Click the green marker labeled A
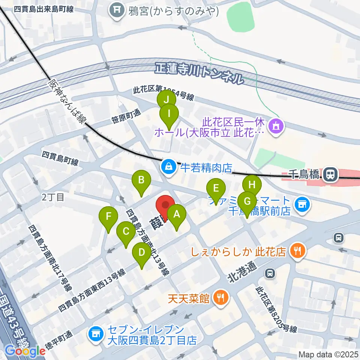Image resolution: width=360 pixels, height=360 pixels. tap(176, 215)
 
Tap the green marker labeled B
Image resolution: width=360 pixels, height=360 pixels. tap(141, 180)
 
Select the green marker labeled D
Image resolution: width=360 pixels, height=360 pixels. tap(141, 252)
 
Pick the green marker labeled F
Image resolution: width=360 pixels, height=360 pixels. tap(108, 217)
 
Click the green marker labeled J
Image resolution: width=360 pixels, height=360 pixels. tap(166, 100)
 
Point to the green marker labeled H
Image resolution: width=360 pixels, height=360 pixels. tap(252, 184)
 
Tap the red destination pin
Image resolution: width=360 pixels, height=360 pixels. tap(165, 206)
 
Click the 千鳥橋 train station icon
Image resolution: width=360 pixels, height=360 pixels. tap(330, 174)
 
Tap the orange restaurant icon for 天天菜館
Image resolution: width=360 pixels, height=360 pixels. tap(219, 298)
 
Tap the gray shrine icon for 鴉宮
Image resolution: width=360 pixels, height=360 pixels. tap(117, 10)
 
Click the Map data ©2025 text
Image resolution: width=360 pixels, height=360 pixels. tap(328, 354)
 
